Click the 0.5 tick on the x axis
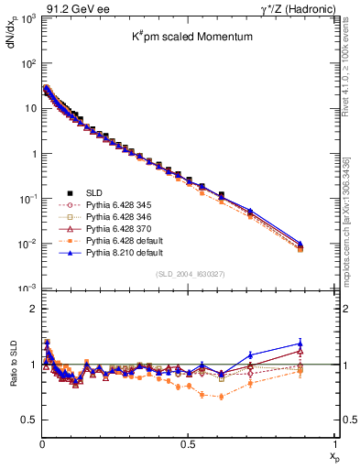[188, 443]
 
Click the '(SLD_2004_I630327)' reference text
[187, 274]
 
